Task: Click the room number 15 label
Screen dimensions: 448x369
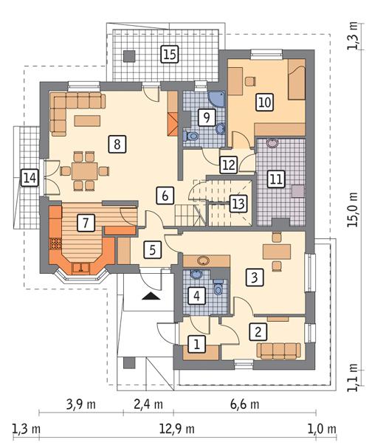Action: (169, 54)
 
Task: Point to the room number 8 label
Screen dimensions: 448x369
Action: (115, 143)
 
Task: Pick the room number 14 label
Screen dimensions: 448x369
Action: (30, 178)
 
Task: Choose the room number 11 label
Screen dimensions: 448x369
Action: (276, 179)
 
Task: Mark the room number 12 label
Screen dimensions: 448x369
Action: (228, 164)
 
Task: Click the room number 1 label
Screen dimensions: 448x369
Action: (196, 343)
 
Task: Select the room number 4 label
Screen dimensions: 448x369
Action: (196, 296)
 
